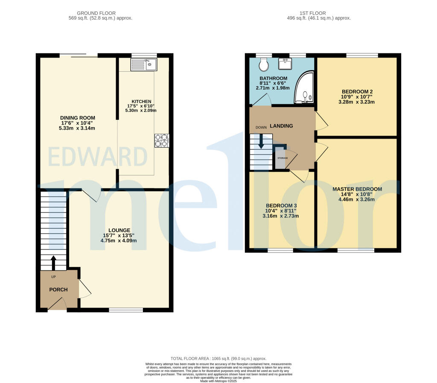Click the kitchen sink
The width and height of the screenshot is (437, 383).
pos(144,65)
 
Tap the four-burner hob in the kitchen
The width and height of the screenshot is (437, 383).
pos(162,141)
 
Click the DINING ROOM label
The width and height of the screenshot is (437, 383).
pos(78,118)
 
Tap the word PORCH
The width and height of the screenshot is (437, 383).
pos(58,290)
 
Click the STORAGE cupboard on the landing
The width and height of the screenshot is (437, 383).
pos(282,158)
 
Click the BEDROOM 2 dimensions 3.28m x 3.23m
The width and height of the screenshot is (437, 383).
pos(356,102)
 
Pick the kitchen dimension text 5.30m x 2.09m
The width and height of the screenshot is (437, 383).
pos(141,110)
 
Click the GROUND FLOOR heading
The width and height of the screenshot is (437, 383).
pos(100,13)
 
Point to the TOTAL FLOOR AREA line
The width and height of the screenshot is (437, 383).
pos(218,359)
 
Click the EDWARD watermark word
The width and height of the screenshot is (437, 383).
pos(98,157)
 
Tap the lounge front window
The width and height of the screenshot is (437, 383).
pos(126,310)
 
